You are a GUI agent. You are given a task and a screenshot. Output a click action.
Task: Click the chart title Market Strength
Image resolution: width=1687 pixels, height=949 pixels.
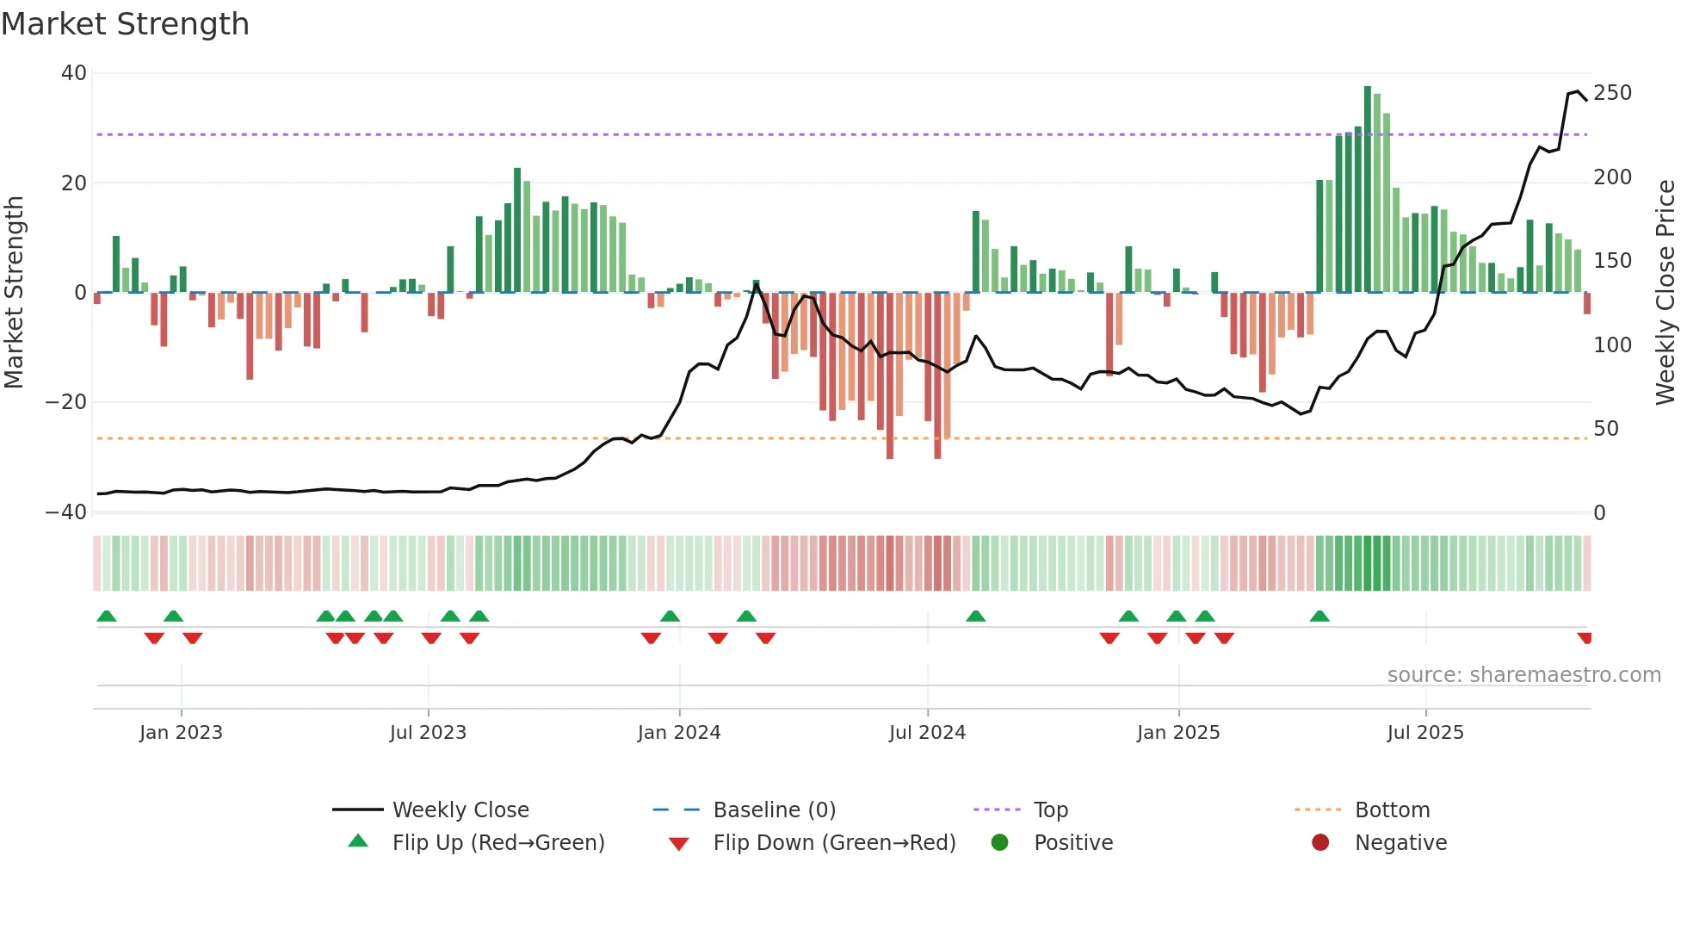click(x=125, y=24)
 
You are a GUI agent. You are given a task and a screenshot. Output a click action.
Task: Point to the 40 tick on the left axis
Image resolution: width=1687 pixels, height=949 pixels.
click(x=74, y=73)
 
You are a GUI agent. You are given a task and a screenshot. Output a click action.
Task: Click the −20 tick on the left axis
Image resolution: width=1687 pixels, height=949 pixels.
click(x=66, y=402)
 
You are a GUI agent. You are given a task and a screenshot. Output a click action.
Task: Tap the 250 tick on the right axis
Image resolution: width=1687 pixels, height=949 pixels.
click(x=1612, y=93)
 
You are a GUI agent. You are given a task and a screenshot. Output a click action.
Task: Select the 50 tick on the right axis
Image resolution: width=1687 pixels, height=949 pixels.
click(x=1606, y=429)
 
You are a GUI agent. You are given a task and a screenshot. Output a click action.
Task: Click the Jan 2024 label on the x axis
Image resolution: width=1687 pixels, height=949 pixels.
click(x=679, y=733)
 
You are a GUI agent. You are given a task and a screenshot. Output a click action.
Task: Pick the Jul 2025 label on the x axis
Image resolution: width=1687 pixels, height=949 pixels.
click(x=1425, y=733)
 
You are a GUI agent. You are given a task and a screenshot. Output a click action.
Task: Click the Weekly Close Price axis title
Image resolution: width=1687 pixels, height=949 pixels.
click(x=1665, y=293)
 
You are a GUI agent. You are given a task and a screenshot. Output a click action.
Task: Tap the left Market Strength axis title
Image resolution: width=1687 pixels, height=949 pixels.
click(x=14, y=293)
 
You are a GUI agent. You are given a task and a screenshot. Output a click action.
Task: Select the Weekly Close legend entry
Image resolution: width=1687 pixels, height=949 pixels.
click(x=460, y=810)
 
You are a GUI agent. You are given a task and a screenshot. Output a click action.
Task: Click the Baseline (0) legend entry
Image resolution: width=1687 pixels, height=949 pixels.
click(x=774, y=810)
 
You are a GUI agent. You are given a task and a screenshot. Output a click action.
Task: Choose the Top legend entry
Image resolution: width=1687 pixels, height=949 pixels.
click(x=1050, y=810)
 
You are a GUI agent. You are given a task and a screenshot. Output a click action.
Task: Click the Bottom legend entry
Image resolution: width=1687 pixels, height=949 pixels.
click(x=1392, y=810)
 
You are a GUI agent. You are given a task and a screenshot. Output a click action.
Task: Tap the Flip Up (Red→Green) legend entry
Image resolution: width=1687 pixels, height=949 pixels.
click(x=497, y=843)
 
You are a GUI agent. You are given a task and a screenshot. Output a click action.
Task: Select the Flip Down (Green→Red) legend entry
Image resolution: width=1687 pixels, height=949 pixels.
click(x=834, y=843)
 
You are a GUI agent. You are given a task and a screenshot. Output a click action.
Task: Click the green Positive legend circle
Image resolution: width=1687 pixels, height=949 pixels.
click(x=999, y=843)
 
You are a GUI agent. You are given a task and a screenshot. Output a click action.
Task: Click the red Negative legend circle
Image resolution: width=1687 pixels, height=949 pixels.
click(x=1320, y=843)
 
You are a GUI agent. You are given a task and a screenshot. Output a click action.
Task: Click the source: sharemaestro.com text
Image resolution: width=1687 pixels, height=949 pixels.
click(x=1523, y=675)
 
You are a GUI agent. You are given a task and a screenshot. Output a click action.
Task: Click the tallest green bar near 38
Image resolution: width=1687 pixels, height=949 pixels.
click(x=1368, y=189)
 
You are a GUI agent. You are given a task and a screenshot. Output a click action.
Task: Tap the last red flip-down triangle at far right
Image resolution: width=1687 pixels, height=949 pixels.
click(x=1585, y=638)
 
